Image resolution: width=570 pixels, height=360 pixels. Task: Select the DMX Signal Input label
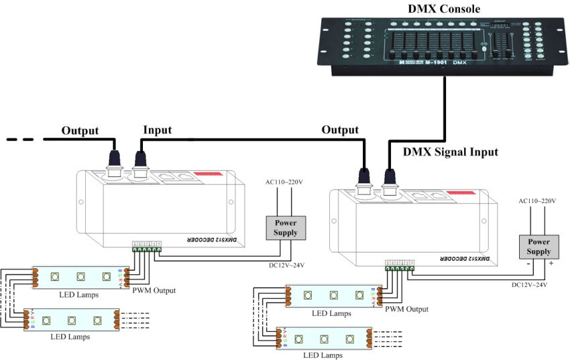tap(451, 152)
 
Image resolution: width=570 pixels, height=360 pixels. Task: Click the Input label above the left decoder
tap(158, 130)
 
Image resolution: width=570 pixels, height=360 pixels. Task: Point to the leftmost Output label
tap(80, 130)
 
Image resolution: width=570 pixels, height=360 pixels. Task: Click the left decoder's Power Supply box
tap(285, 228)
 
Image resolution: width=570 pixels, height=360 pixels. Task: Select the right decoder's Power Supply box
tap(539, 247)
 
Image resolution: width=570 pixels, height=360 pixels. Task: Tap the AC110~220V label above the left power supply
tap(284, 182)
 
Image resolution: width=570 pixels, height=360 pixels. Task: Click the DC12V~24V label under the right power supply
tap(530, 285)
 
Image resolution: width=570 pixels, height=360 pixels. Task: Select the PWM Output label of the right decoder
tap(406, 309)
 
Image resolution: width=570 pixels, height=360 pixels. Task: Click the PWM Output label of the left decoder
tap(154, 290)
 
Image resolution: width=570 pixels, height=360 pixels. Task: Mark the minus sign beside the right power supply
tap(529, 264)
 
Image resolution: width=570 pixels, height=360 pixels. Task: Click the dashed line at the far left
tap(20, 139)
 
